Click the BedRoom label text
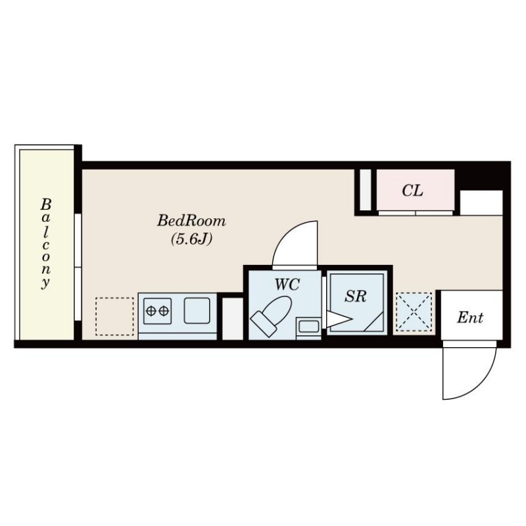pos(191,221)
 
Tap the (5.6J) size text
pos(191,239)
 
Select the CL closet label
pos(412,191)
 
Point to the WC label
pos(287,285)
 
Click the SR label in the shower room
pos(356,296)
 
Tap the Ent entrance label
pos(470,318)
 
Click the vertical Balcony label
pos(45,243)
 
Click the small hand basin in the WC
pos(308,327)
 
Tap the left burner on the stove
pos(151,311)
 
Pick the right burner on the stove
pos(164,311)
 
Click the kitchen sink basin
pos(197,310)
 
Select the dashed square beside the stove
pos(114,316)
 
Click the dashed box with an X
pos(414,312)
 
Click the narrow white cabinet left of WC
pos(233,319)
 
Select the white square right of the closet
pos(481,203)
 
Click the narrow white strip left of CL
pos(366,190)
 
